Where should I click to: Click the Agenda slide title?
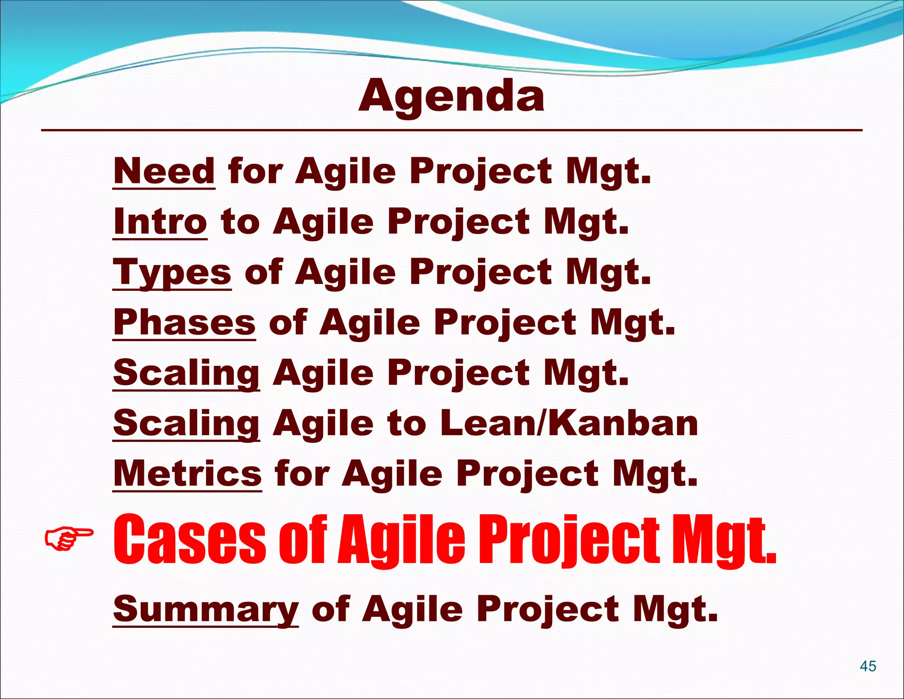pos(451,96)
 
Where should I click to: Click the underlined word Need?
pos(164,171)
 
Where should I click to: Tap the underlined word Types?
pos(172,273)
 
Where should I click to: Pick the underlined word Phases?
pos(184,323)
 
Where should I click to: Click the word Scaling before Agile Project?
pos(186,373)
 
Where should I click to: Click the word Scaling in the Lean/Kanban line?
pos(186,423)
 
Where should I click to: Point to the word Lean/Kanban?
pos(569,423)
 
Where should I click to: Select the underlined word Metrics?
pos(188,474)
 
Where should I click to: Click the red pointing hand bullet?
pos(69,538)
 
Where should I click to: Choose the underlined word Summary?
pos(206,610)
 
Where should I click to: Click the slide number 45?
pos(868,666)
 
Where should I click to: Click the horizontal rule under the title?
pos(451,130)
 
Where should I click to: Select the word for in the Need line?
pos(255,171)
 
